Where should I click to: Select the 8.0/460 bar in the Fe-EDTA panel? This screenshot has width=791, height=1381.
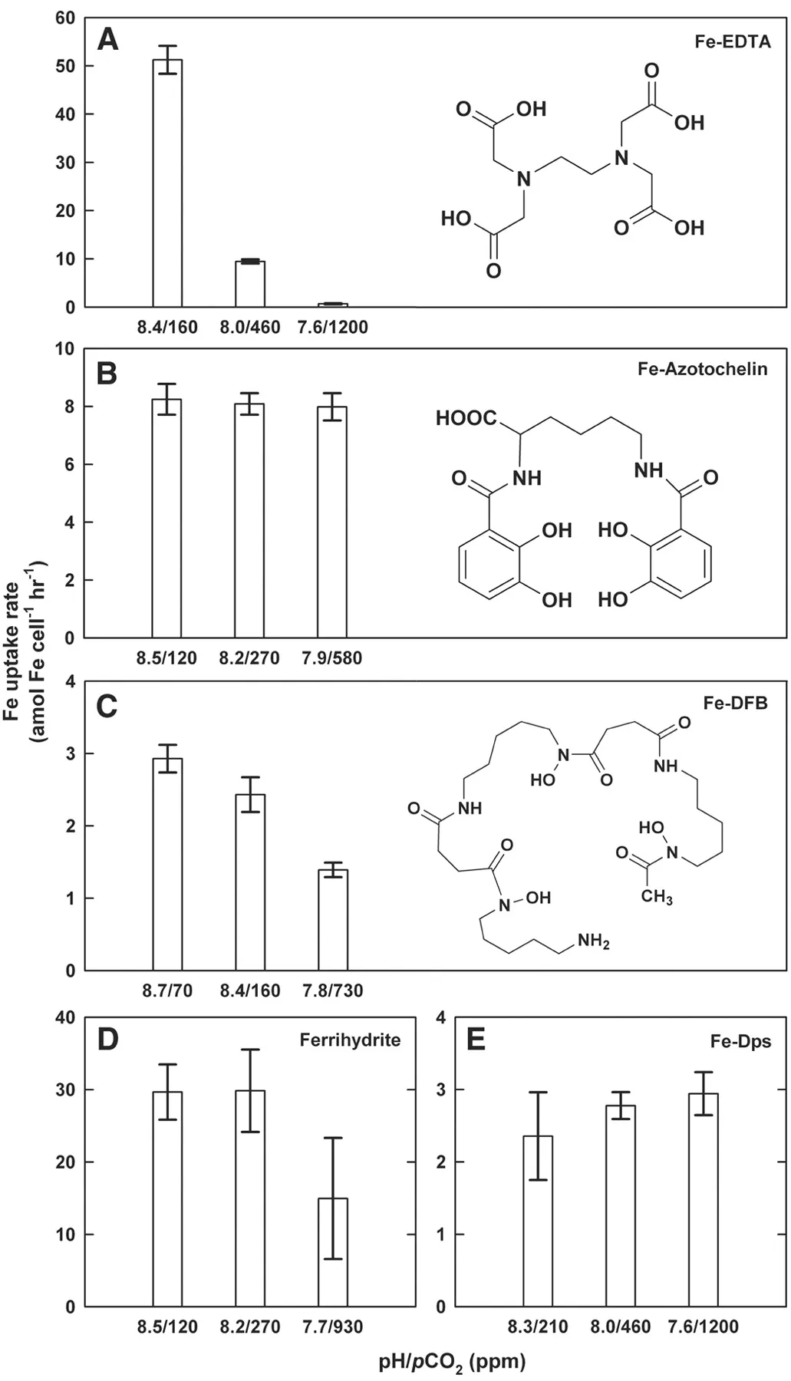click(x=250, y=284)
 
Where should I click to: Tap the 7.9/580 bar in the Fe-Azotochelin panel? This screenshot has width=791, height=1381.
click(x=332, y=522)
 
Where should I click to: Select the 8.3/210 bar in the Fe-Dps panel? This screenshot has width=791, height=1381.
click(x=538, y=1221)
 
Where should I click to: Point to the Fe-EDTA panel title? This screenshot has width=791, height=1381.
click(x=732, y=41)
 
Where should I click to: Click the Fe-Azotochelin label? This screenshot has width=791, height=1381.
click(x=702, y=369)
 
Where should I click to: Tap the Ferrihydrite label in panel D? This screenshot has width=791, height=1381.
click(x=350, y=1040)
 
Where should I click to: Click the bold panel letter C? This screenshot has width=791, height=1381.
click(x=107, y=706)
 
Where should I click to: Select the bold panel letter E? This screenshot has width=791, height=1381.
click(x=476, y=1040)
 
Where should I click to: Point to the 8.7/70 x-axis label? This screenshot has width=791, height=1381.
click(x=167, y=990)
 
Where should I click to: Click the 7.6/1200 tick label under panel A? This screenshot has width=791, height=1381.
click(x=332, y=328)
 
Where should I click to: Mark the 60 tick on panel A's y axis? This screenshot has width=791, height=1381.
click(x=65, y=18)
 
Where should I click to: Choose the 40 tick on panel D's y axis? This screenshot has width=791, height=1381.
click(x=65, y=1018)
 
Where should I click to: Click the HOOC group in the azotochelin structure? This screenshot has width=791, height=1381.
click(x=466, y=418)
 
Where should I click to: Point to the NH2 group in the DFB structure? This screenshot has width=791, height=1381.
click(x=593, y=941)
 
